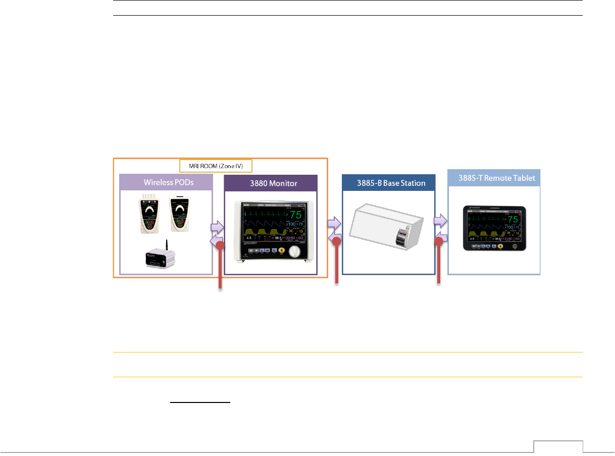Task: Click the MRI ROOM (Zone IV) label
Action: tap(216, 165)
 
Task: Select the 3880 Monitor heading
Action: tap(271, 183)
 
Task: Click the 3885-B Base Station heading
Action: tap(388, 183)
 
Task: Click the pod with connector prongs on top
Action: tap(150, 214)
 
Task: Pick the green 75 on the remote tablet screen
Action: tap(511, 219)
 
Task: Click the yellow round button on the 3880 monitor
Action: tap(281, 249)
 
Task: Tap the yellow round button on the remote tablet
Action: tap(500, 246)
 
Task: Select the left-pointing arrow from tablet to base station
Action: tap(442, 236)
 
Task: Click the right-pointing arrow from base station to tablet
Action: tap(441, 220)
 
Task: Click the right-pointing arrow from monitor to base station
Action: tap(334, 222)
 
